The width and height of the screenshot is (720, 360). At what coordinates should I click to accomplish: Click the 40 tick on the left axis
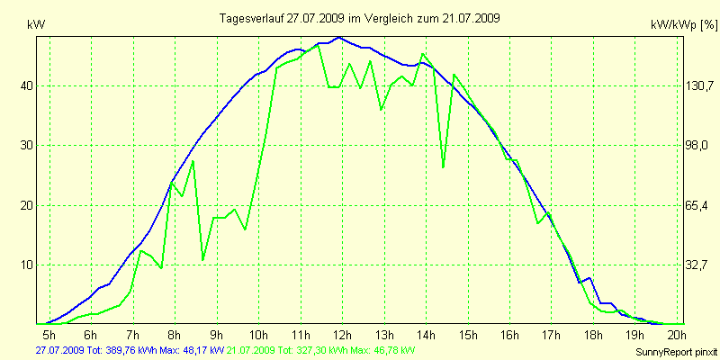click(x=27, y=85)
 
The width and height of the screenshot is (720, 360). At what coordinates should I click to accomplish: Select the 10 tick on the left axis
click(x=27, y=265)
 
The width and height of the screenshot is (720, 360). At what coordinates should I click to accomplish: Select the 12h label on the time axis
click(x=341, y=337)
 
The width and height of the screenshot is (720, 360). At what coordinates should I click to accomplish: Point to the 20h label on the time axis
click(x=675, y=337)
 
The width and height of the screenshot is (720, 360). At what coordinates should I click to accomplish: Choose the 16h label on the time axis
click(x=508, y=337)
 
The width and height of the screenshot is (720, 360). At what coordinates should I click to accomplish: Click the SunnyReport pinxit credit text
click(x=678, y=351)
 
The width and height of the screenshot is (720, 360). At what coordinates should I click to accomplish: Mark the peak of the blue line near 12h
click(x=338, y=38)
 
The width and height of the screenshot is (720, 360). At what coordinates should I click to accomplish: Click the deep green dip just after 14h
click(x=443, y=166)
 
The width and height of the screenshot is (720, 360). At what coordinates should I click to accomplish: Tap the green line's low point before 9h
click(x=203, y=260)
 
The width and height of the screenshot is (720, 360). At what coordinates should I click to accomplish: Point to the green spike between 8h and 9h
click(x=193, y=161)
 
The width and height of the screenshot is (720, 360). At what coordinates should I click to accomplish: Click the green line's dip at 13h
click(x=381, y=110)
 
